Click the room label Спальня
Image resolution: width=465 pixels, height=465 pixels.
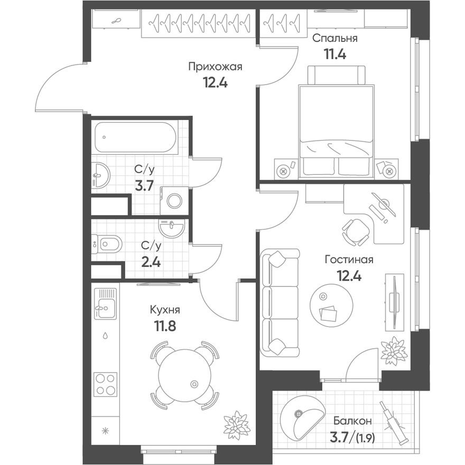pyautogui.click(x=334, y=38)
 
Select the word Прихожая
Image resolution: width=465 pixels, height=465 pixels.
pyautogui.click(x=215, y=67)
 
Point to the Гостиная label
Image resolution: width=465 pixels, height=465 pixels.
pyautogui.click(x=349, y=259)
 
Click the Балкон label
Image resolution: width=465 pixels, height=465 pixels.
pyautogui.click(x=352, y=421)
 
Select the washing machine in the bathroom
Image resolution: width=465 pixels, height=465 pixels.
pyautogui.click(x=174, y=200)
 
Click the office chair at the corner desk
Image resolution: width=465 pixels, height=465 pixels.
pyautogui.click(x=356, y=231)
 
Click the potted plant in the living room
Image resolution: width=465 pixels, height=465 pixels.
pyautogui.click(x=394, y=351)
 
